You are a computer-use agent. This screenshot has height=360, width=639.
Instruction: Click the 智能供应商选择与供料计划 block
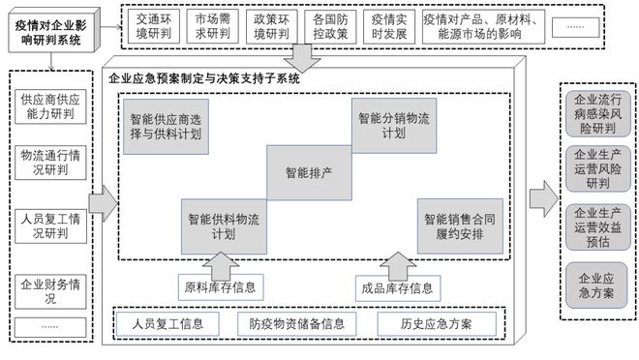point(166,126)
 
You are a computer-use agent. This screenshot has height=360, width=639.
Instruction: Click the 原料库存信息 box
point(223,287)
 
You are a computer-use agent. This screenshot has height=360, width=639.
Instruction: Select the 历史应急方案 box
point(436,323)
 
